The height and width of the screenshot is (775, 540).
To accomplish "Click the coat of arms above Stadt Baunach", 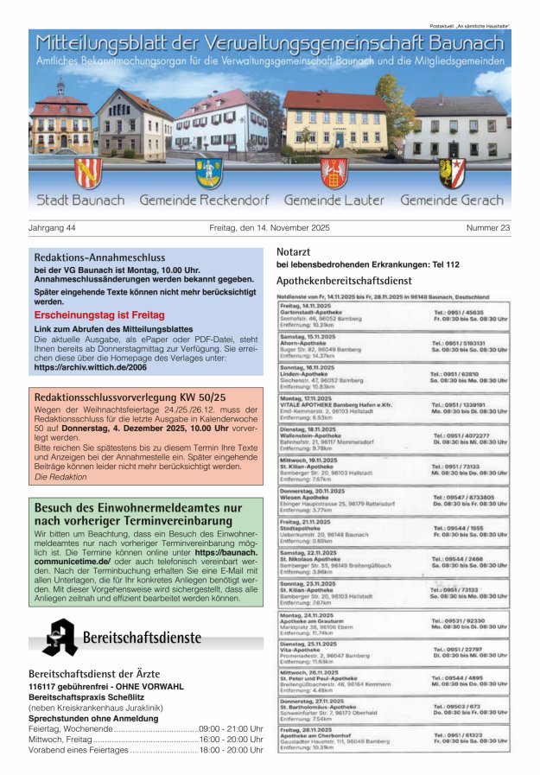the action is (x=87, y=174).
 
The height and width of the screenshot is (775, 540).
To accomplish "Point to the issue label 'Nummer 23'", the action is (x=487, y=228).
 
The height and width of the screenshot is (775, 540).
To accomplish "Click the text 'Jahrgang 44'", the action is (x=53, y=228).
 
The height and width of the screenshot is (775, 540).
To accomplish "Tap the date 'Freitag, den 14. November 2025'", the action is (x=270, y=228).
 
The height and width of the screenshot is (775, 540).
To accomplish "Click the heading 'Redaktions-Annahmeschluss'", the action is (x=99, y=257).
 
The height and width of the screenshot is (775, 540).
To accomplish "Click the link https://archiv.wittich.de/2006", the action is (x=89, y=368).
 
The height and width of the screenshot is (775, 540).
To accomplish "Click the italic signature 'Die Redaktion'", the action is (x=60, y=477).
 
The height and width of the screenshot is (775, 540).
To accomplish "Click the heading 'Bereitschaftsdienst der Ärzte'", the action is (x=95, y=673).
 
